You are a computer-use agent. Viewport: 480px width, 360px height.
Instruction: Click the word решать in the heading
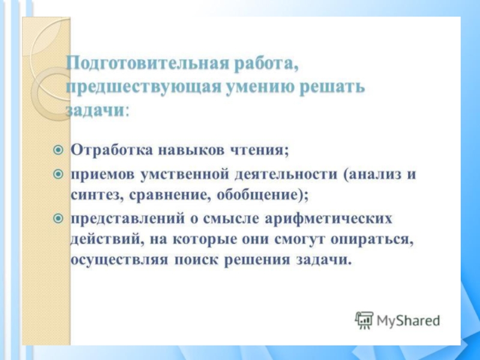pos(331,87)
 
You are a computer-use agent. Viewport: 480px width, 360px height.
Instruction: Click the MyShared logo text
pos(408,320)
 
